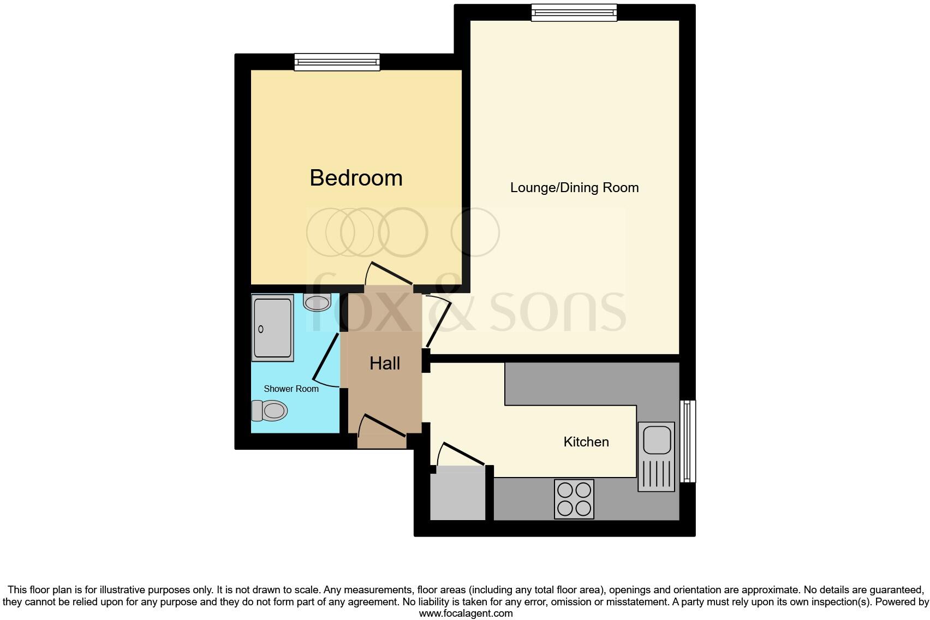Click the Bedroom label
pyautogui.click(x=356, y=178)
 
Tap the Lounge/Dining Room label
pyautogui.click(x=574, y=188)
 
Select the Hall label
pyautogui.click(x=385, y=363)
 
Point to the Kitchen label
pyautogui.click(x=586, y=442)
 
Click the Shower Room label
pyautogui.click(x=291, y=389)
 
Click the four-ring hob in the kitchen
pyautogui.click(x=574, y=499)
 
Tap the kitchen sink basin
pyautogui.click(x=657, y=439)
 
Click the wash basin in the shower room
pyautogui.click(x=317, y=302)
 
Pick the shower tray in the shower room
pyautogui.click(x=272, y=327)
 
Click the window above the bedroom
pyautogui.click(x=337, y=62)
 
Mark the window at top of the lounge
pyautogui.click(x=574, y=12)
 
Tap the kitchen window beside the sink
pyautogui.click(x=688, y=441)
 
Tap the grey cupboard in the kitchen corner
pyautogui.click(x=457, y=493)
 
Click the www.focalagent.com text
pyautogui.click(x=466, y=613)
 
